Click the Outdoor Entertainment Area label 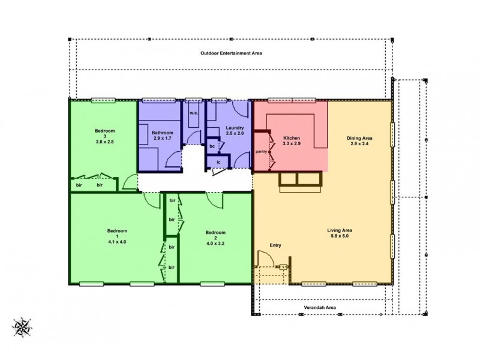point(231,53)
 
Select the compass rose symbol point(24,327)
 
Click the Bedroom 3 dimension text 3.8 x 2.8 point(104,142)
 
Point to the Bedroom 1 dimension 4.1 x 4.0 point(116,242)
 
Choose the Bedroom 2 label point(215,233)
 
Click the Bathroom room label point(162,133)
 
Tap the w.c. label point(194,113)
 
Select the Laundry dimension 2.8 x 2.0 point(235,134)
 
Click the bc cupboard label point(212,146)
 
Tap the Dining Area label point(360,138)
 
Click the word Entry point(275,245)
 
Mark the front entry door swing point(265,259)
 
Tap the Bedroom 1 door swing point(151,200)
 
